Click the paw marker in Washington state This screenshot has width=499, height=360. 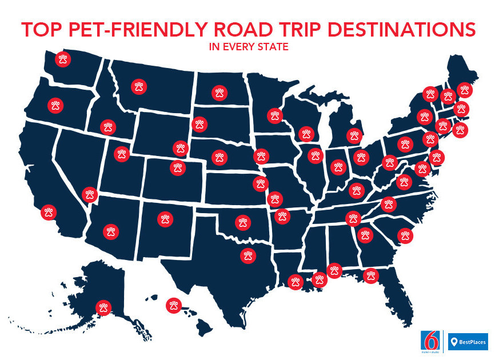tap(63, 59)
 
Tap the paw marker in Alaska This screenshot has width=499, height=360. tap(103, 307)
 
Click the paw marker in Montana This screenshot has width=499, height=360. tap(139, 87)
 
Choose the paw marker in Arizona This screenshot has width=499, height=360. tap(111, 231)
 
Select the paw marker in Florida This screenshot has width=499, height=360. tap(372, 275)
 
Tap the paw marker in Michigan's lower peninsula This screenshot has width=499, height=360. tap(355, 135)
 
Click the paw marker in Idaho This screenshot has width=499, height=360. tap(107, 127)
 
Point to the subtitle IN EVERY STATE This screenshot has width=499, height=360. tap(249, 47)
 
